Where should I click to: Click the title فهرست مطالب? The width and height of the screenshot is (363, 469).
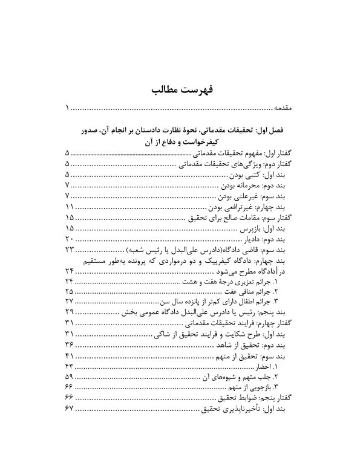pos(181,90)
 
